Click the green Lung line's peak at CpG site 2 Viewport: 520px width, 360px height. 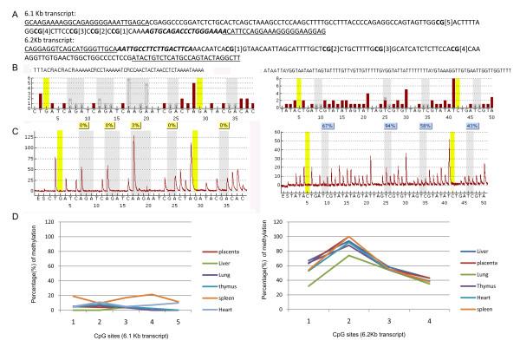click(x=349, y=255)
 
